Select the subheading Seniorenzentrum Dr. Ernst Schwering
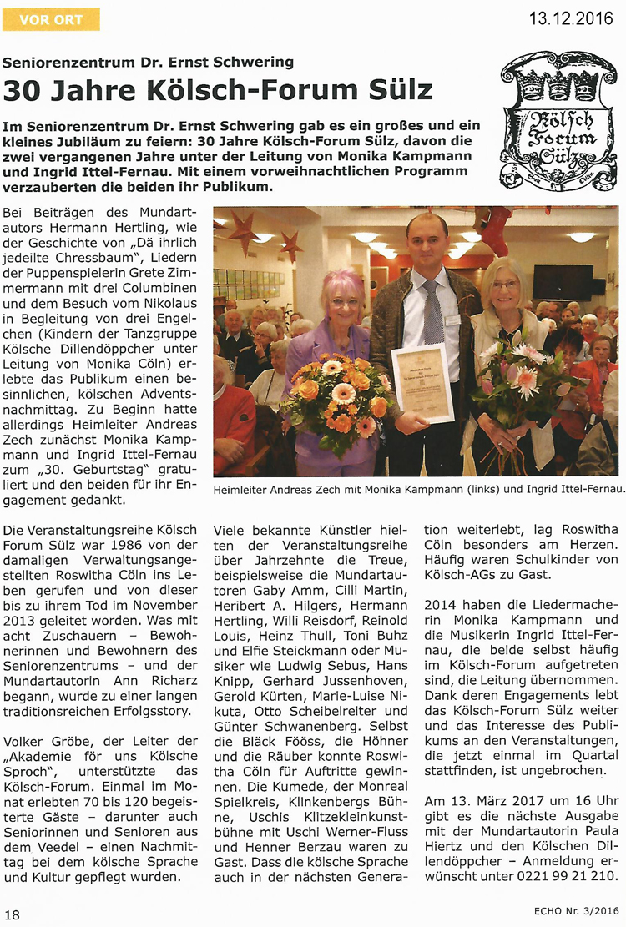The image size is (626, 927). [x=149, y=62]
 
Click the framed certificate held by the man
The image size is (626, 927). [x=422, y=381]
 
